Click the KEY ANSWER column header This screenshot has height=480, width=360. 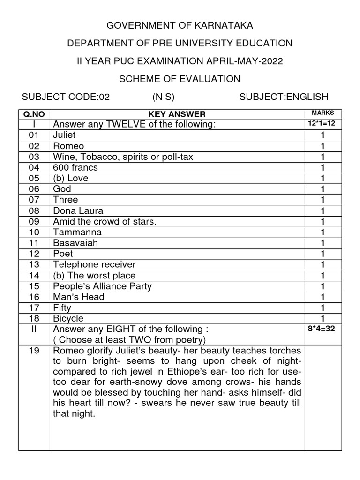tap(177, 114)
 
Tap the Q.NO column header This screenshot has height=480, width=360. tap(34, 114)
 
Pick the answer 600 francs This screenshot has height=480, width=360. tap(76, 167)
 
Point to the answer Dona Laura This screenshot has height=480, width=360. tap(78, 210)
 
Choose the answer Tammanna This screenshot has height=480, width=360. tap(77, 232)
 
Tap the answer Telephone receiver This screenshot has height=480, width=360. tap(94, 264)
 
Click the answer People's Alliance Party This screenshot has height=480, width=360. tap(103, 286)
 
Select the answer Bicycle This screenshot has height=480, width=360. tap(68, 318)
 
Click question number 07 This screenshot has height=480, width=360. tap(34, 200)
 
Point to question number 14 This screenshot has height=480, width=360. tap(34, 275)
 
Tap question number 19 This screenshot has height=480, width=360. tap(34, 351)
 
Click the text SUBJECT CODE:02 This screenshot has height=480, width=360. tap(66, 97)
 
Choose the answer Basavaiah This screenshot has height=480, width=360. tap(76, 243)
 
